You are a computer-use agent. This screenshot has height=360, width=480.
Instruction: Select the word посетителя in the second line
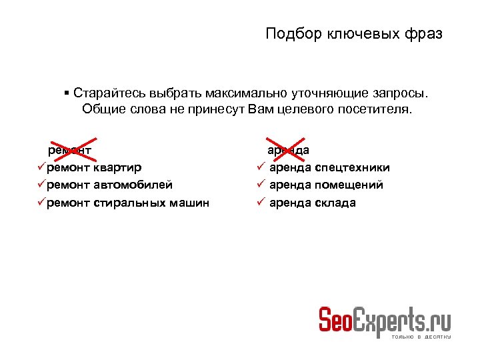(377, 109)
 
